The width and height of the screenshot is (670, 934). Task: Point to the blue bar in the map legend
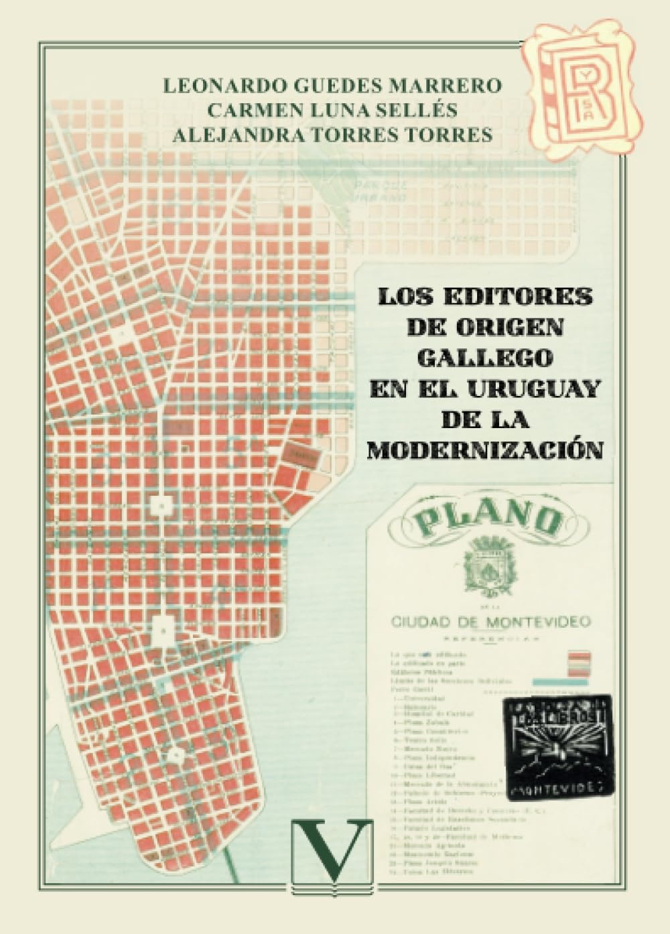560,681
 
